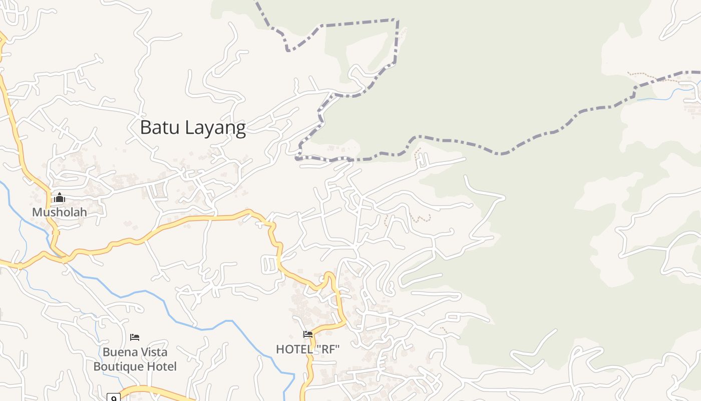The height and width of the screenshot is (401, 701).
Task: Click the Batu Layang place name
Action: [193, 128]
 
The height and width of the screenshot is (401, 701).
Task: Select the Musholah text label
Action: [59, 212]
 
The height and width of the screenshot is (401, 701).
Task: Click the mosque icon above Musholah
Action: [60, 197]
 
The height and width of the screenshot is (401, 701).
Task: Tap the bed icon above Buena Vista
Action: [135, 337]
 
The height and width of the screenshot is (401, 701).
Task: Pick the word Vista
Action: [154, 352]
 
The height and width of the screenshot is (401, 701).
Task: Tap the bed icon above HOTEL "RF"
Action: [308, 334]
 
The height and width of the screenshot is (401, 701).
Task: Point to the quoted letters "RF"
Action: [328, 349]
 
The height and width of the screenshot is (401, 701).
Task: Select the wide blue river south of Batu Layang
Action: [200, 328]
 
